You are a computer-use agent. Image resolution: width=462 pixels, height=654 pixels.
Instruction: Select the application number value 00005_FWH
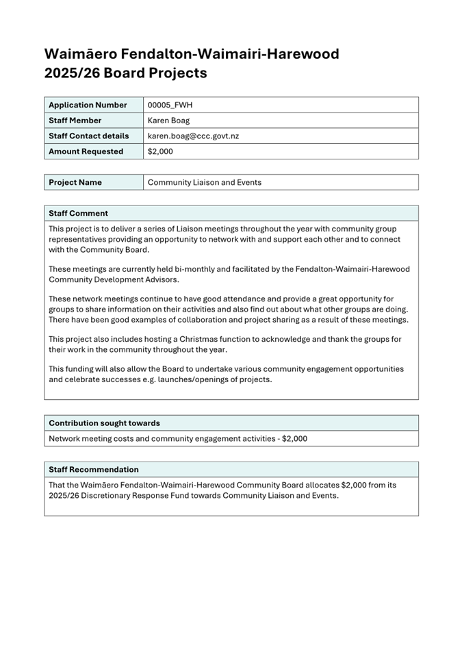[172, 105]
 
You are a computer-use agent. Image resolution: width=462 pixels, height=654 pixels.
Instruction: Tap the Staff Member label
[75, 121]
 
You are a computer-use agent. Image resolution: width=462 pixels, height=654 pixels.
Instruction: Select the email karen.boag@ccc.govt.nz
[193, 136]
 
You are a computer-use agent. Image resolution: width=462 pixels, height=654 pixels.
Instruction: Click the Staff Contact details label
[89, 136]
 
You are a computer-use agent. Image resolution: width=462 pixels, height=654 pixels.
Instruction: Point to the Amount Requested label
[86, 151]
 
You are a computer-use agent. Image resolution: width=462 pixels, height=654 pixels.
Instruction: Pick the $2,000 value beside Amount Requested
[160, 151]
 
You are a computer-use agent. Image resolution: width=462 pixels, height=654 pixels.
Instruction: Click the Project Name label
[75, 182]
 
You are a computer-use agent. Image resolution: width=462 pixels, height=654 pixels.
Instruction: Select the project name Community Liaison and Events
[205, 182]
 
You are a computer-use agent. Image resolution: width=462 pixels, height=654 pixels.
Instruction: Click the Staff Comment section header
[78, 213]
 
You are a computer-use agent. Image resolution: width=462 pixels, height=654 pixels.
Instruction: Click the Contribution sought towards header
[104, 423]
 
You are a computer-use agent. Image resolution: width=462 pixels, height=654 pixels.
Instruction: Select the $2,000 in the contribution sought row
[294, 438]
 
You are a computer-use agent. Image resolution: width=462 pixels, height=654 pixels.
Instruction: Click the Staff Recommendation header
[93, 469]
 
